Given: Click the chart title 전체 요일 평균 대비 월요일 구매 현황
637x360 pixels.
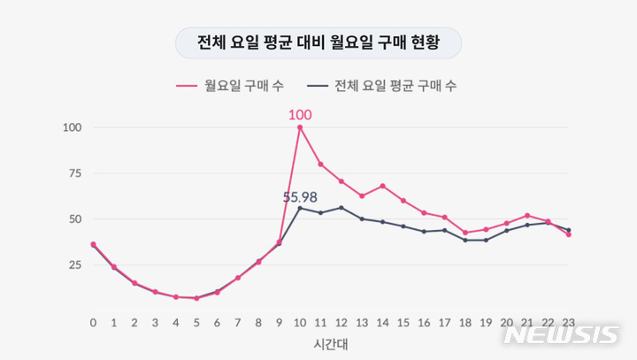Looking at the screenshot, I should click(318, 42).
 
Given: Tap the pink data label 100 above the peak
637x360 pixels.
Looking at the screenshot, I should click(300, 114).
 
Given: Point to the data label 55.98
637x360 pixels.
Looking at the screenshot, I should click(300, 196).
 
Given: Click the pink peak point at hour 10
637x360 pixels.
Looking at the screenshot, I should click(300, 127).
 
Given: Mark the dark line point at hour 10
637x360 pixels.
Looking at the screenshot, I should click(300, 208).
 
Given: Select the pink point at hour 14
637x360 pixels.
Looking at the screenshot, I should click(382, 186).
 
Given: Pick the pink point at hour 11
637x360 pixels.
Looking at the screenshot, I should click(320, 164).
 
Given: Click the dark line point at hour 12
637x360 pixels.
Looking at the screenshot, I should click(341, 208).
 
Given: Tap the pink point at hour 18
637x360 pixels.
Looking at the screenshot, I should click(465, 233).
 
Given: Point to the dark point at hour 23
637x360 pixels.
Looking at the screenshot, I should click(568, 230).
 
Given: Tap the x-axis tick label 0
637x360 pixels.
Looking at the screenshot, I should click(93, 323).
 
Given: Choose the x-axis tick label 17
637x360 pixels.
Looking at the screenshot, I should click(444, 323).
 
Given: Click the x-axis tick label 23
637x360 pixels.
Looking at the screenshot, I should click(568, 323).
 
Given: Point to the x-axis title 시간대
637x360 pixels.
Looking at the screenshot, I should click(330, 341).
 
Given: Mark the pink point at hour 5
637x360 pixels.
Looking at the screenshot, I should click(196, 298).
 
